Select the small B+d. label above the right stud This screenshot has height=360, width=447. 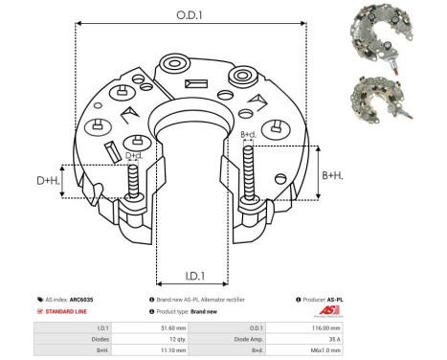[248, 134]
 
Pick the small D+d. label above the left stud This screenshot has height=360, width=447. [134, 155]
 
